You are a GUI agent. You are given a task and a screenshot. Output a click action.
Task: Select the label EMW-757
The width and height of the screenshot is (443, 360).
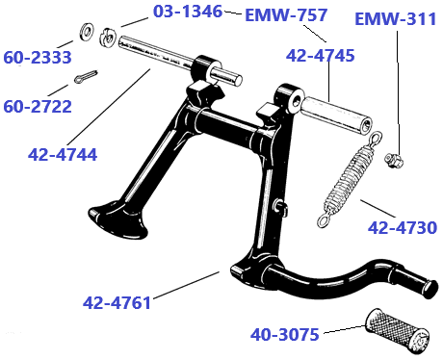coord(286,15)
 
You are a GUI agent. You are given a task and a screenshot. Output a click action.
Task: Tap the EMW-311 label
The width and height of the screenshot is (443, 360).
coord(397,19)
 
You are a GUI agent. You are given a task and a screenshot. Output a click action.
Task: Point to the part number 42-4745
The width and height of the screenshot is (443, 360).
coord(320,56)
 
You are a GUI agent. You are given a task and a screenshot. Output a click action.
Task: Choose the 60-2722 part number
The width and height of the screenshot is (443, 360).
coord(38,106)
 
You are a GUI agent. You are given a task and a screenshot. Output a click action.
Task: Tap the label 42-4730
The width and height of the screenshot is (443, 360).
coord(402,228)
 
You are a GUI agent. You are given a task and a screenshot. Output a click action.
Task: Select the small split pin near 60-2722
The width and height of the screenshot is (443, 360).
coord(84,77)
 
